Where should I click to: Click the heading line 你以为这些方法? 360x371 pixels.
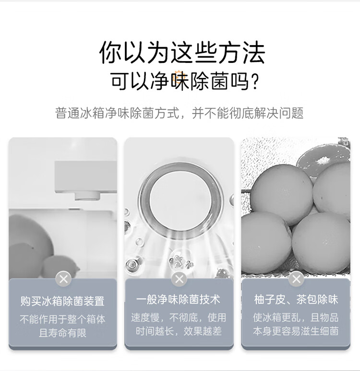coord(182,52)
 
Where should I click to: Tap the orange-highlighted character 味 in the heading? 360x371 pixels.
coord(180,81)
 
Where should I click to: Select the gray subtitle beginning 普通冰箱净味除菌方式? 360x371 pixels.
coord(180,113)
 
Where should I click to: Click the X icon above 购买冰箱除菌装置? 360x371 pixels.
coord(63,279)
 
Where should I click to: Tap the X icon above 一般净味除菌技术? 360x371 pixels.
coord(179,279)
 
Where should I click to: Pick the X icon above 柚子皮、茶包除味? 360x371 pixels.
coord(296,279)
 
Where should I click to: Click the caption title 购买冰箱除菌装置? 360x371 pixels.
coord(62,301)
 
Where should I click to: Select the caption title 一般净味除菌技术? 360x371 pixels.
coord(178,299)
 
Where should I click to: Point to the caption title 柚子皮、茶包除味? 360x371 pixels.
coord(296,299)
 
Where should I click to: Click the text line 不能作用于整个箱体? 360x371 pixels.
coord(62,319)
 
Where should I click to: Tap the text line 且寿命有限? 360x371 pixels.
coord(62,333)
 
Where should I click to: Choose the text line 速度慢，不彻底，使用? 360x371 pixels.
coord(179,318)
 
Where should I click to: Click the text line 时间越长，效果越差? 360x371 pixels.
coord(179,331)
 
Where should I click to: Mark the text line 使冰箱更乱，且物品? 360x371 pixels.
coord(296,318)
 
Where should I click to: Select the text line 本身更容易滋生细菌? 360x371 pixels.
coord(296,331)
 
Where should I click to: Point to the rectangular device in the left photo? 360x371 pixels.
coord(85,180)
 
